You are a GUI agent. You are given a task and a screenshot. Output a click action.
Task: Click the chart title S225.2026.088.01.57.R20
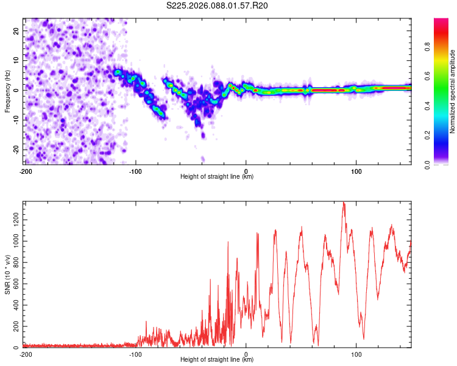[218, 6]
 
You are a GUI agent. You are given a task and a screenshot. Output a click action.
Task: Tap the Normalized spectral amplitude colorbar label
[453, 91]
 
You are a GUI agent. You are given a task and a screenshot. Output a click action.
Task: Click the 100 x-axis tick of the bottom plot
[356, 354]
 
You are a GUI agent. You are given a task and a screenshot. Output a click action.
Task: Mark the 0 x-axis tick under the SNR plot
[246, 354]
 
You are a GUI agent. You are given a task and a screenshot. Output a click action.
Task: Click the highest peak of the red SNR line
[344, 203]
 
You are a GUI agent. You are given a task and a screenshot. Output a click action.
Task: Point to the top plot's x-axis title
[218, 177]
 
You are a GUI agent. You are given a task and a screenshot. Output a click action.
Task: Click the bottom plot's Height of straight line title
[218, 360]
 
